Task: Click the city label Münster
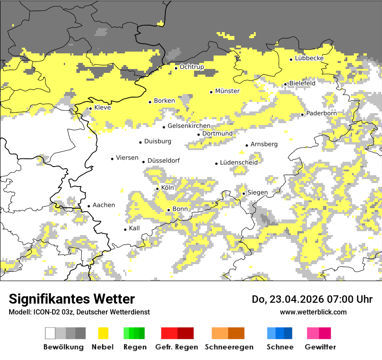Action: tap(227, 91)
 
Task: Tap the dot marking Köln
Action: tap(158, 189)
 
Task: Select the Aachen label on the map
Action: tap(104, 205)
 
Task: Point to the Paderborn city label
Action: tap(321, 114)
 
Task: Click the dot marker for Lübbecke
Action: tap(291, 59)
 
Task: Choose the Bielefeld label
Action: tap(302, 83)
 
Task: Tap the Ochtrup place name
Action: tap(191, 67)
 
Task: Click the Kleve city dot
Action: tap(90, 108)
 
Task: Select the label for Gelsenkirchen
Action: tap(189, 126)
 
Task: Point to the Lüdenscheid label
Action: tap(239, 163)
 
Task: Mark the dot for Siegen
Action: tap(244, 193)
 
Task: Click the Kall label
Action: tap(135, 228)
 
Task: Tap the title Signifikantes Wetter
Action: tap(72, 299)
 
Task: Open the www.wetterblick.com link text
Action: tap(313, 312)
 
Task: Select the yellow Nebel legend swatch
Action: tap(103, 333)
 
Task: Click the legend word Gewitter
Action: tap(320, 347)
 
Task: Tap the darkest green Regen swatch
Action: tap(142, 333)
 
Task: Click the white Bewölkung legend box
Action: tap(50, 333)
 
